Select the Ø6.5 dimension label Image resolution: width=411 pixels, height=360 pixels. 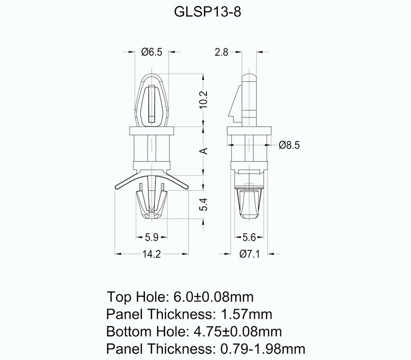(152, 52)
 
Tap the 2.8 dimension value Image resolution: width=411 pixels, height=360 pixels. (221, 52)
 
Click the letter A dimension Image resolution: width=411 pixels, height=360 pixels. (203, 151)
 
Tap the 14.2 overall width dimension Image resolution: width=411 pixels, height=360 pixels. (151, 254)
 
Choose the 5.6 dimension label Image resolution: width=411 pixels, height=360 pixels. (250, 238)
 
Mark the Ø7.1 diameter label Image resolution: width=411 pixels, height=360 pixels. (250, 254)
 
